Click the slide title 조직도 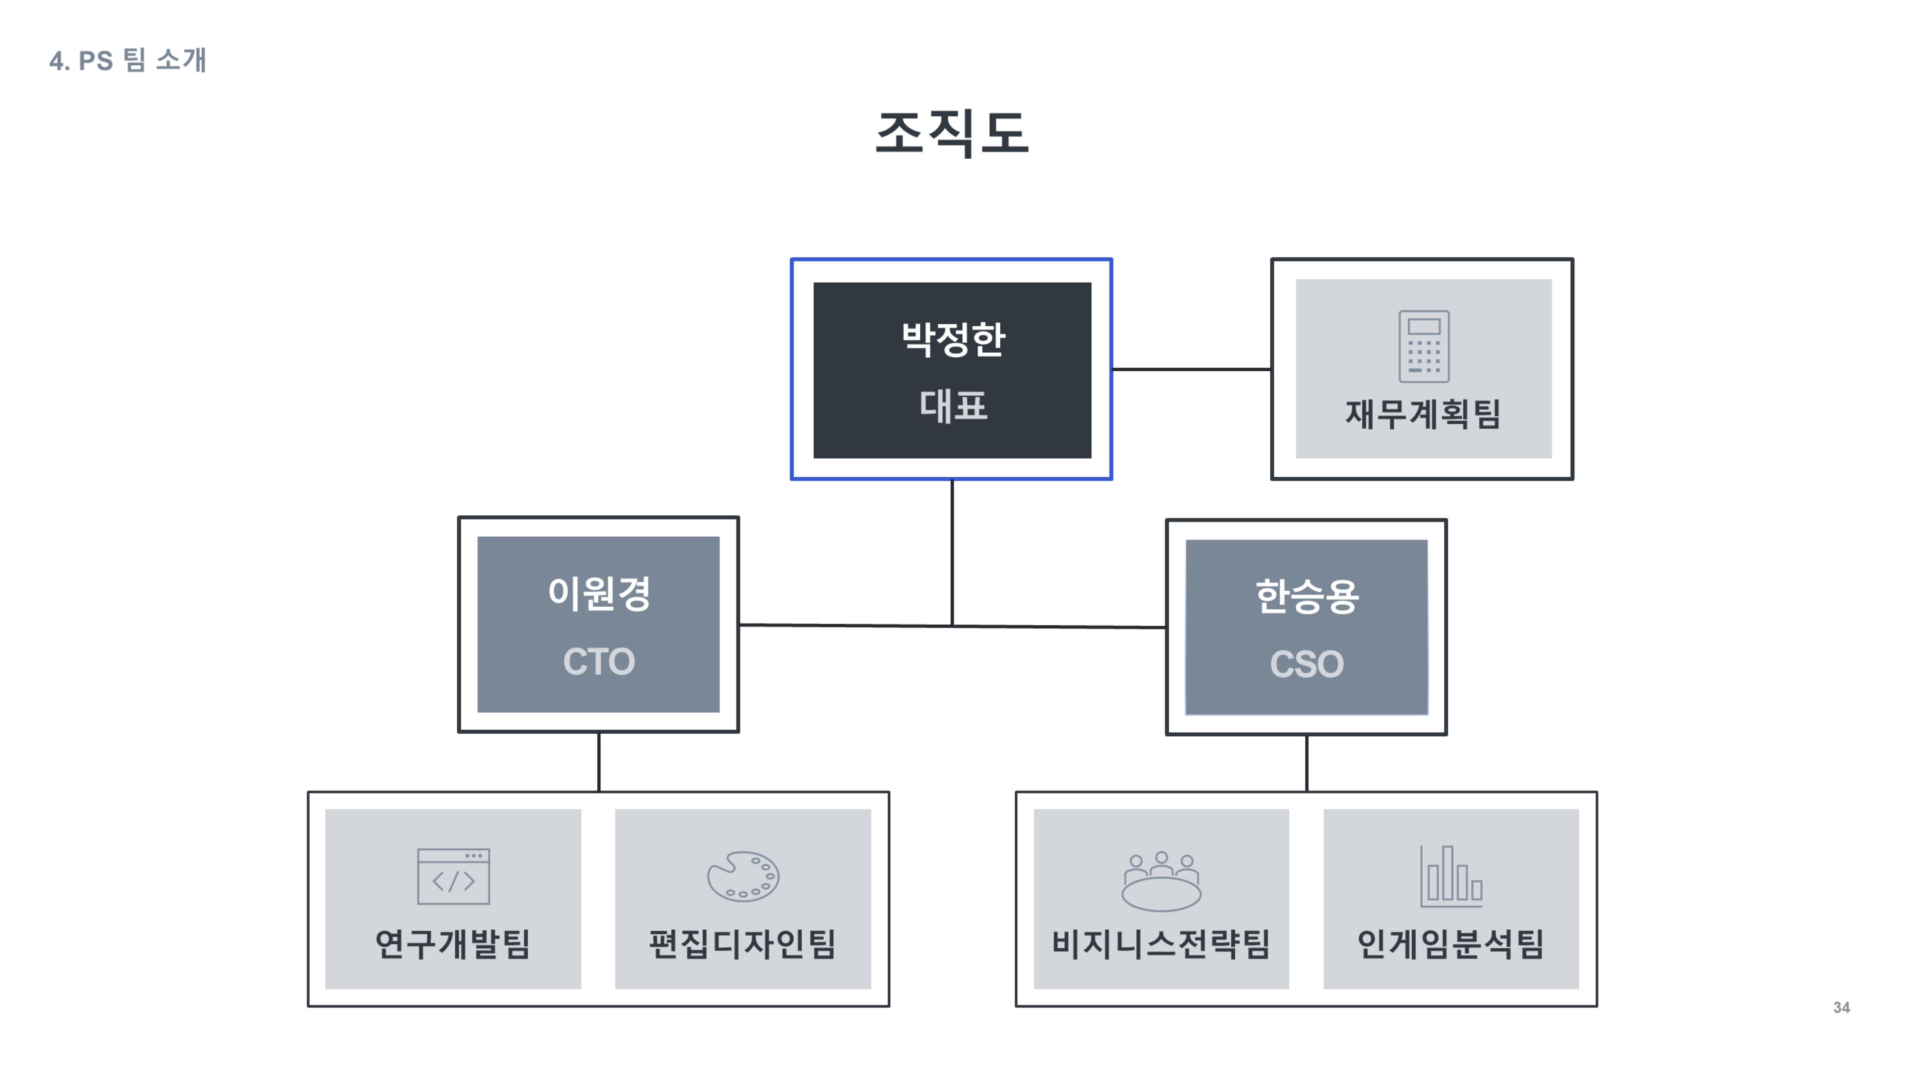pyautogui.click(x=952, y=133)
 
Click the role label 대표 pyautogui.click(x=952, y=406)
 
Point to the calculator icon pyautogui.click(x=1424, y=346)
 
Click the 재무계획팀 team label pyautogui.click(x=1423, y=414)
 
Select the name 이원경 pyautogui.click(x=599, y=593)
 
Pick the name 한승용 pyautogui.click(x=1307, y=596)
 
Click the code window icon pyautogui.click(x=453, y=876)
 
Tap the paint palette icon pyautogui.click(x=743, y=877)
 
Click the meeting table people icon pyautogui.click(x=1161, y=880)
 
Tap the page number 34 pyautogui.click(x=1841, y=1008)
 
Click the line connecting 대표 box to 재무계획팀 pyautogui.click(x=1191, y=368)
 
